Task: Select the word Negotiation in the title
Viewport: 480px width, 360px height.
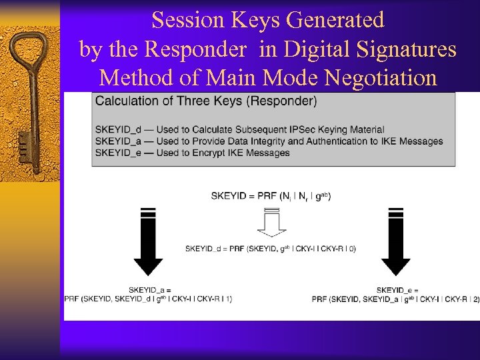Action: [x=380, y=78]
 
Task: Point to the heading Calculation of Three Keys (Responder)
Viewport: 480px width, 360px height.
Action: [x=206, y=101]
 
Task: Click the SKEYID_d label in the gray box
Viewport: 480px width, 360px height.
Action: [x=117, y=129]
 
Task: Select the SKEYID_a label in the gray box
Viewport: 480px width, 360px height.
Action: [x=117, y=141]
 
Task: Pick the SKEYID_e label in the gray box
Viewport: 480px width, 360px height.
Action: [x=117, y=153]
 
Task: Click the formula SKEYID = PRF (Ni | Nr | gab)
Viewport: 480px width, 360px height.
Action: [x=271, y=195]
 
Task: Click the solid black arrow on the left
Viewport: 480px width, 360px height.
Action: [x=148, y=241]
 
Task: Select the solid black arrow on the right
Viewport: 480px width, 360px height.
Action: [x=395, y=241]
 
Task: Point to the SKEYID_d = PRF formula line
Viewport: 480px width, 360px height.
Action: [x=271, y=249]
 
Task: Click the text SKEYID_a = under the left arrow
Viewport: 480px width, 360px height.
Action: [x=150, y=290]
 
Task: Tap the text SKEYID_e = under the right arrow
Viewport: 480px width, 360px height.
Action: [x=397, y=290]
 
